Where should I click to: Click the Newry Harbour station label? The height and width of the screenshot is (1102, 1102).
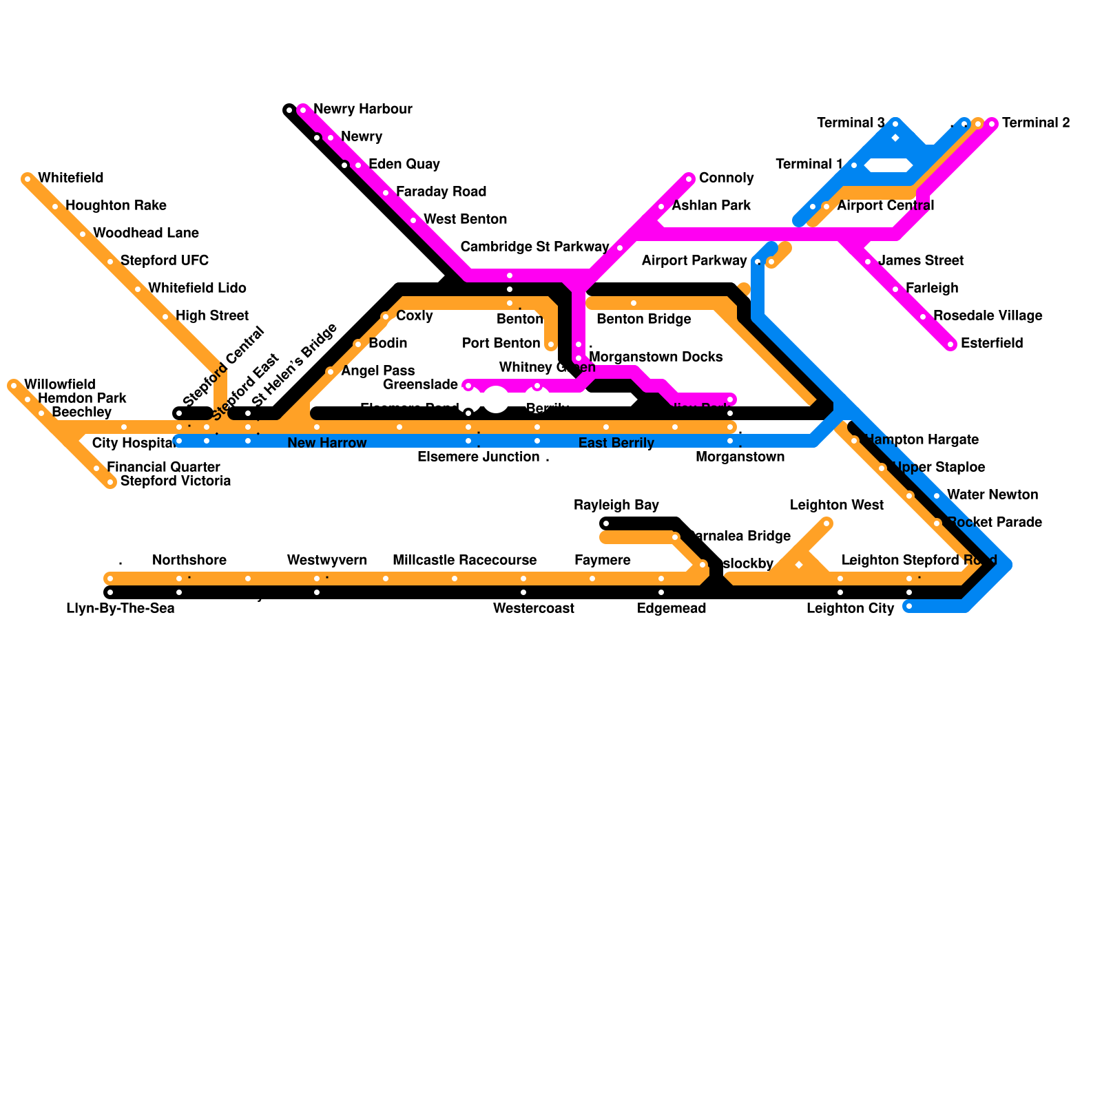(362, 110)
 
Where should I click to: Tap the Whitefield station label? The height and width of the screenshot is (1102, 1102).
(70, 178)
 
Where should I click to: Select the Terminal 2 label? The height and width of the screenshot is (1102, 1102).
(1035, 123)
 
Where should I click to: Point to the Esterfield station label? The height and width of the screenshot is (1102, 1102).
(992, 344)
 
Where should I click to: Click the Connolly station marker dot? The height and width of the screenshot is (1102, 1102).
(689, 179)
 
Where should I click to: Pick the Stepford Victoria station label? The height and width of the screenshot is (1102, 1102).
(175, 481)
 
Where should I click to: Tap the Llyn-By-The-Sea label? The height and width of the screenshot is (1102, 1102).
(121, 609)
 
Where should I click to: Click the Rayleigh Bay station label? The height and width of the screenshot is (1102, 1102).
(616, 506)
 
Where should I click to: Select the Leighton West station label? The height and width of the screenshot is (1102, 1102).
(836, 506)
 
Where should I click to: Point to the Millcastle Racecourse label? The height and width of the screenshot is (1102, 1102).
(465, 561)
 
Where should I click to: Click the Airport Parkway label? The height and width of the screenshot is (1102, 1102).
(694, 261)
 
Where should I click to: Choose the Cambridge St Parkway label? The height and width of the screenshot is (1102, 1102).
(534, 247)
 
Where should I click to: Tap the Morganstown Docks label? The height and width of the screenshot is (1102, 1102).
(656, 357)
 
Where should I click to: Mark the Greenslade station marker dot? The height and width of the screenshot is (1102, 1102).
(468, 385)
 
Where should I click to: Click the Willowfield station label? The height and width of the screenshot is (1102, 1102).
(59, 385)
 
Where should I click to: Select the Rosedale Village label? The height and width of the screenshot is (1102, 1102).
(988, 316)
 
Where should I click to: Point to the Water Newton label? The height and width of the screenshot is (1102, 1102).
(992, 495)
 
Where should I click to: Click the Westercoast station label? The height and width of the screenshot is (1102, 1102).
(534, 609)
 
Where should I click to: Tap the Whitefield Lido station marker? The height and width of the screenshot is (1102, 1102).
(138, 289)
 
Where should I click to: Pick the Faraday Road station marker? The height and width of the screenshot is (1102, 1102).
(386, 193)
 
